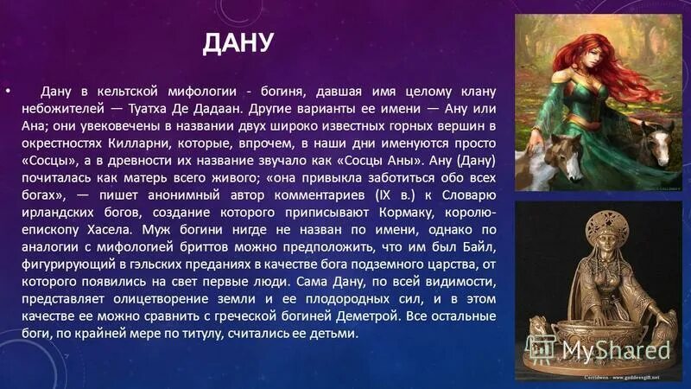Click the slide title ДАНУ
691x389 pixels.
[238, 42]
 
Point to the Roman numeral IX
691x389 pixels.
[347, 194]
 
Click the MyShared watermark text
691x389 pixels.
[618, 350]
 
